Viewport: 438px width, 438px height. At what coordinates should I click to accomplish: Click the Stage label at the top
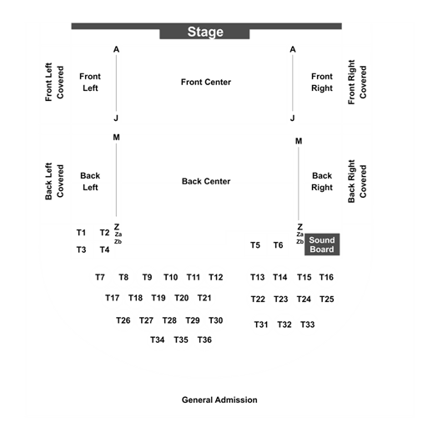pyautogui.click(x=205, y=32)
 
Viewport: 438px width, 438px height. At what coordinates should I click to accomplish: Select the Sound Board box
pyautogui.click(x=322, y=244)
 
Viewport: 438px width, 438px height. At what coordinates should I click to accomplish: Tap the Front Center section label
pyautogui.click(x=206, y=82)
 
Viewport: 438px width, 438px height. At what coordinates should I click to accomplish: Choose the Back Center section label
pyautogui.click(x=206, y=181)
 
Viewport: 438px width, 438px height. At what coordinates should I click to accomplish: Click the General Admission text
pyautogui.click(x=219, y=400)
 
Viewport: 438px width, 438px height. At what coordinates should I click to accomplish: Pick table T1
pyautogui.click(x=81, y=233)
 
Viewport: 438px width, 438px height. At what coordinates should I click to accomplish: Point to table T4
pyautogui.click(x=105, y=249)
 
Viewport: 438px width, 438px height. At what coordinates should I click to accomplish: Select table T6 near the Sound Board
pyautogui.click(x=278, y=245)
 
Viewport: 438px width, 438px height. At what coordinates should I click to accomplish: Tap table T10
pyautogui.click(x=171, y=277)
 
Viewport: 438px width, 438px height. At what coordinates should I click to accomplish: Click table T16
pyautogui.click(x=326, y=277)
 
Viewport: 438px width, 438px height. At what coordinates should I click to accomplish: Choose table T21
pyautogui.click(x=204, y=298)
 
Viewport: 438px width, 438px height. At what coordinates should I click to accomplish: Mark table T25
pyautogui.click(x=327, y=300)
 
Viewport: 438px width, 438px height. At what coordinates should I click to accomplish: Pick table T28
pyautogui.click(x=169, y=320)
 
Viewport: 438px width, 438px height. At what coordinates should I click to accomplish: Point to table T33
pyautogui.click(x=308, y=325)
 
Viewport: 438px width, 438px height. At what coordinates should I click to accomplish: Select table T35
pyautogui.click(x=181, y=340)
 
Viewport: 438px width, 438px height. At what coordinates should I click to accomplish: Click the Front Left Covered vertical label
pyautogui.click(x=54, y=82)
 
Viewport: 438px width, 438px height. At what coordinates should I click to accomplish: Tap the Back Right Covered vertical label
pyautogui.click(x=357, y=181)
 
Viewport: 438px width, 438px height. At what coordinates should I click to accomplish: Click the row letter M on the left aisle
pyautogui.click(x=117, y=138)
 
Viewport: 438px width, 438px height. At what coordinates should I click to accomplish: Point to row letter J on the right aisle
pyautogui.click(x=293, y=118)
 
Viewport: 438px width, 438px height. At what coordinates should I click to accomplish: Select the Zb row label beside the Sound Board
pyautogui.click(x=300, y=242)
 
